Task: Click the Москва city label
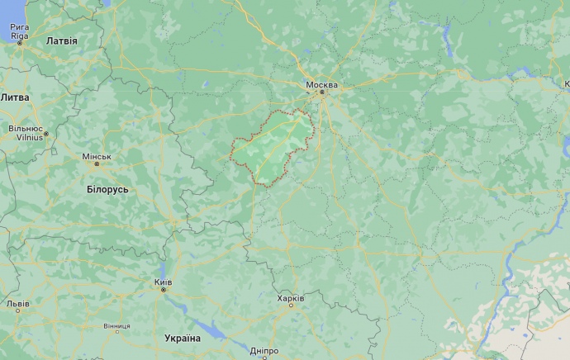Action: [321, 85]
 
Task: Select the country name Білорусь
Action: [107, 189]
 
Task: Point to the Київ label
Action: [163, 282]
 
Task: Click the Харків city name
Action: [291, 298]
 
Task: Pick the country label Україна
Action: [183, 338]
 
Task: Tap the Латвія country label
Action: [62, 40]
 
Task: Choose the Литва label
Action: [15, 97]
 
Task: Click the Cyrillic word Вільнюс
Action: [26, 129]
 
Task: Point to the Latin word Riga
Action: [19, 36]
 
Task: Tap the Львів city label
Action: [17, 304]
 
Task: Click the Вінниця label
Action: [116, 326]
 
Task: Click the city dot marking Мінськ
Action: [97, 163]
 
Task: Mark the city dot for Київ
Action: [163, 290]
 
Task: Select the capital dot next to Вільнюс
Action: [47, 134]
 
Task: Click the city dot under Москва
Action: [324, 92]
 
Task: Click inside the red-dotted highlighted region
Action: [268, 149]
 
